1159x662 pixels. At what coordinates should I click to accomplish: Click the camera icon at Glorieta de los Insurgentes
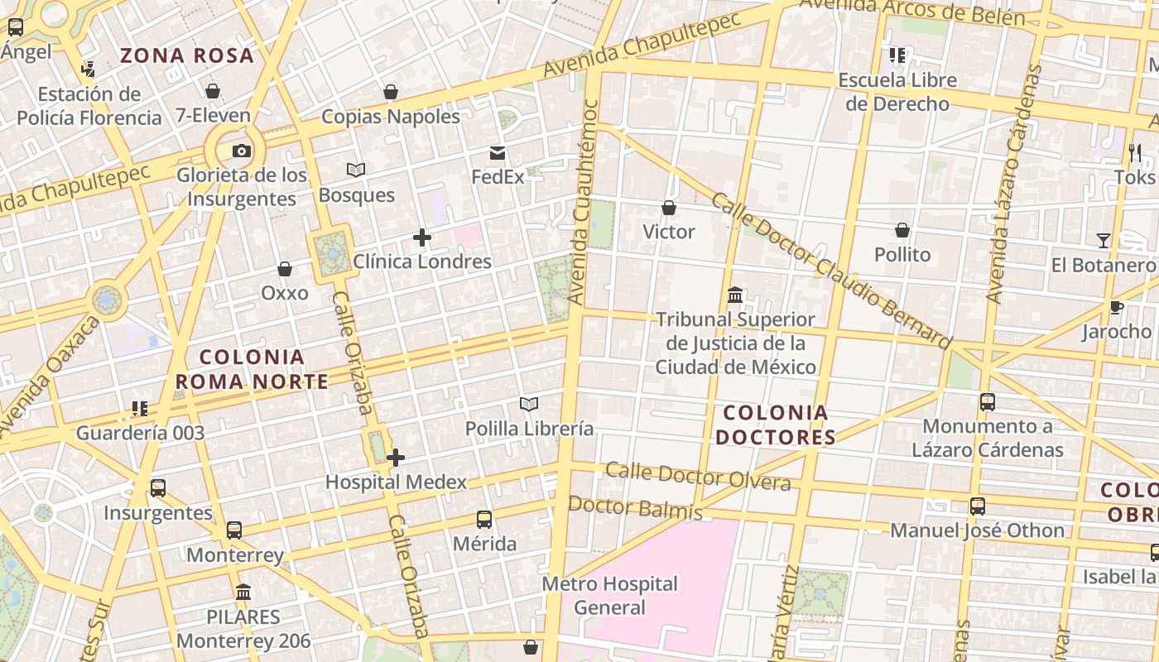tap(242, 151)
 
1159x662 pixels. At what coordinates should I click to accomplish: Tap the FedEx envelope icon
tap(498, 153)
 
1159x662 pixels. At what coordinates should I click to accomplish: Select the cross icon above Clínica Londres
tap(422, 238)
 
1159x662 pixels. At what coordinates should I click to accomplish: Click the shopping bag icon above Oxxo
tap(285, 269)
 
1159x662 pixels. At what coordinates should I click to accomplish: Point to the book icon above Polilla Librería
tap(529, 404)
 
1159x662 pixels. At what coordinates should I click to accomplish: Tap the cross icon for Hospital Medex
tap(396, 457)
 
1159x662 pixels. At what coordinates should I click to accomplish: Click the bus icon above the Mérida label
tap(484, 520)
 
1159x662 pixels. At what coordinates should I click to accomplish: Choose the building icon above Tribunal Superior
tap(734, 295)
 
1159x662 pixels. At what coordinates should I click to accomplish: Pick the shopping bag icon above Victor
tap(669, 208)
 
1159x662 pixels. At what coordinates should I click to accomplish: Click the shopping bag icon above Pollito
tap(902, 230)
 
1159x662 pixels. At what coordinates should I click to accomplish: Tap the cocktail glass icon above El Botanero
tap(1104, 241)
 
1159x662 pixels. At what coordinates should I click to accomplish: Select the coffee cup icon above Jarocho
tap(1117, 308)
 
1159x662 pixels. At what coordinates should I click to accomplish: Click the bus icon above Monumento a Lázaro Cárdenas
tap(988, 402)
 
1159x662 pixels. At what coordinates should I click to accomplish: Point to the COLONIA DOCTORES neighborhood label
tap(776, 425)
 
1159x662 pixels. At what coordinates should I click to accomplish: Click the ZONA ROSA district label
tap(187, 56)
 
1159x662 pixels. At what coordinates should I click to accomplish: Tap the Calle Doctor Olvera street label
tap(698, 476)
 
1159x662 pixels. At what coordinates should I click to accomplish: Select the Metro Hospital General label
tap(609, 596)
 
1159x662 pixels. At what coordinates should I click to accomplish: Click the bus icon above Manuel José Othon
tap(978, 506)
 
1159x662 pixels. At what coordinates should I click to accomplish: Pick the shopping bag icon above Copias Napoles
tap(391, 92)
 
